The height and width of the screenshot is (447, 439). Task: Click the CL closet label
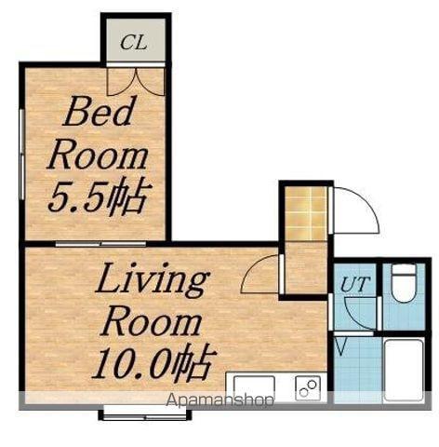click(x=134, y=42)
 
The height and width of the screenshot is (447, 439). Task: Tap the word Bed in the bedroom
click(x=99, y=111)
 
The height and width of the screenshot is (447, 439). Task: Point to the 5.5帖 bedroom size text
click(x=100, y=196)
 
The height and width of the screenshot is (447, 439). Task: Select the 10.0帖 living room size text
click(x=154, y=363)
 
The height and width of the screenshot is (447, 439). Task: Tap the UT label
click(x=355, y=283)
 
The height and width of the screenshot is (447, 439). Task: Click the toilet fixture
click(x=403, y=283)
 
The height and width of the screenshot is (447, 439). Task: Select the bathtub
click(x=404, y=370)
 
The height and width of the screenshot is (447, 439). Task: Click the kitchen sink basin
click(x=254, y=387)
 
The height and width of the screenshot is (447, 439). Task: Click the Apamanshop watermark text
click(x=219, y=400)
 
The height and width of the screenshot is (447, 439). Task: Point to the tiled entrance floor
click(x=306, y=213)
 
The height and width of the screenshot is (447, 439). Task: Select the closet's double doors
click(x=136, y=81)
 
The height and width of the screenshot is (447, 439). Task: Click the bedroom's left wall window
click(x=21, y=155)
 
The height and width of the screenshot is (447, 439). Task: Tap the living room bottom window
click(x=145, y=415)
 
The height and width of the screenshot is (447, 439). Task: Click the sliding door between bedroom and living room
click(x=100, y=244)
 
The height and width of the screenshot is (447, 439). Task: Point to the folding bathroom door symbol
click(x=340, y=347)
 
